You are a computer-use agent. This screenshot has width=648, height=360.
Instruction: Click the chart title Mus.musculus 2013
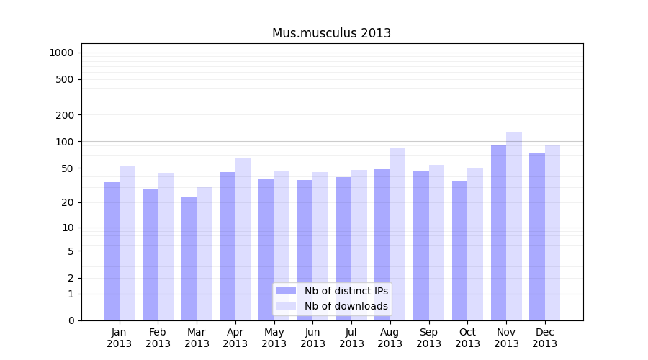click(331, 33)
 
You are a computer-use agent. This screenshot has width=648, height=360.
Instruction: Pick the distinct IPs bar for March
click(189, 258)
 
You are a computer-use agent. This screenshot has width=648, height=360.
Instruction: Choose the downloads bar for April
click(243, 238)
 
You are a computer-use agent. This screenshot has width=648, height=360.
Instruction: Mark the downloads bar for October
click(475, 244)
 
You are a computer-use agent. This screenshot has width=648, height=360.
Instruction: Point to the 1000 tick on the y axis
click(61, 53)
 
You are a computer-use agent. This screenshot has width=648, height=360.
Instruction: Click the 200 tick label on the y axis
click(64, 115)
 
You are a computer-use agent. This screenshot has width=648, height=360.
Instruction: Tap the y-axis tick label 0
click(71, 320)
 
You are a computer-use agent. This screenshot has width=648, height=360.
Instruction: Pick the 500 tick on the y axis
click(64, 79)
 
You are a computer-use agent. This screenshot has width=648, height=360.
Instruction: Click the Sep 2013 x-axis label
click(428, 338)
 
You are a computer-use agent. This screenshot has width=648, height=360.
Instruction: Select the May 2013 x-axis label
click(274, 338)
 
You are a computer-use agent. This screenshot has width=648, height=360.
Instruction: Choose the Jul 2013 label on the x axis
click(351, 338)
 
